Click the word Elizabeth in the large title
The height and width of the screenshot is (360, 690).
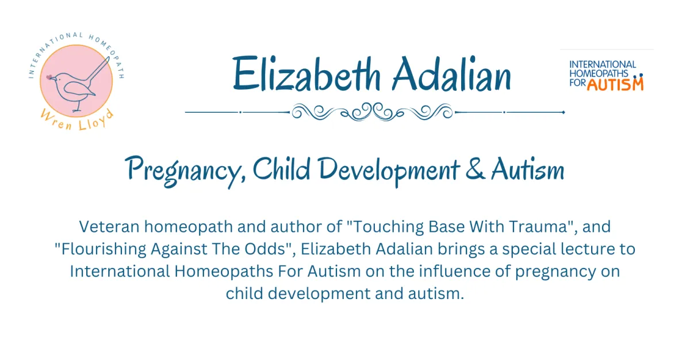pos(306,74)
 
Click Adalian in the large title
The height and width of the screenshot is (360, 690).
pos(452,74)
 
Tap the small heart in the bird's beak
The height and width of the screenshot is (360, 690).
pos(49,77)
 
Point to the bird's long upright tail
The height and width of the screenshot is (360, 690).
pos(98,70)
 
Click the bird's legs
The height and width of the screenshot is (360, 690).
pos(77,106)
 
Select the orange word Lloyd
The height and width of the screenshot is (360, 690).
pos(96,120)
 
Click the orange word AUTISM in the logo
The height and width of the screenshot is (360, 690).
pos(615,85)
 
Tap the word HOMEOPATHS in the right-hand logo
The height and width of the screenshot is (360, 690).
pos(599,74)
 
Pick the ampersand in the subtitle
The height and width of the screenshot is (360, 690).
pos(476,170)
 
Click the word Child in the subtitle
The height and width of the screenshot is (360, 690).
pos(281,168)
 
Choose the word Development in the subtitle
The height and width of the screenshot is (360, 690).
pos(389,171)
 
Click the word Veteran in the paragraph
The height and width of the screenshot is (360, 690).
pos(109,227)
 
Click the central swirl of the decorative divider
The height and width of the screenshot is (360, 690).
pos(373,112)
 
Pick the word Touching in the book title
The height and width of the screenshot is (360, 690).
pos(388,227)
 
